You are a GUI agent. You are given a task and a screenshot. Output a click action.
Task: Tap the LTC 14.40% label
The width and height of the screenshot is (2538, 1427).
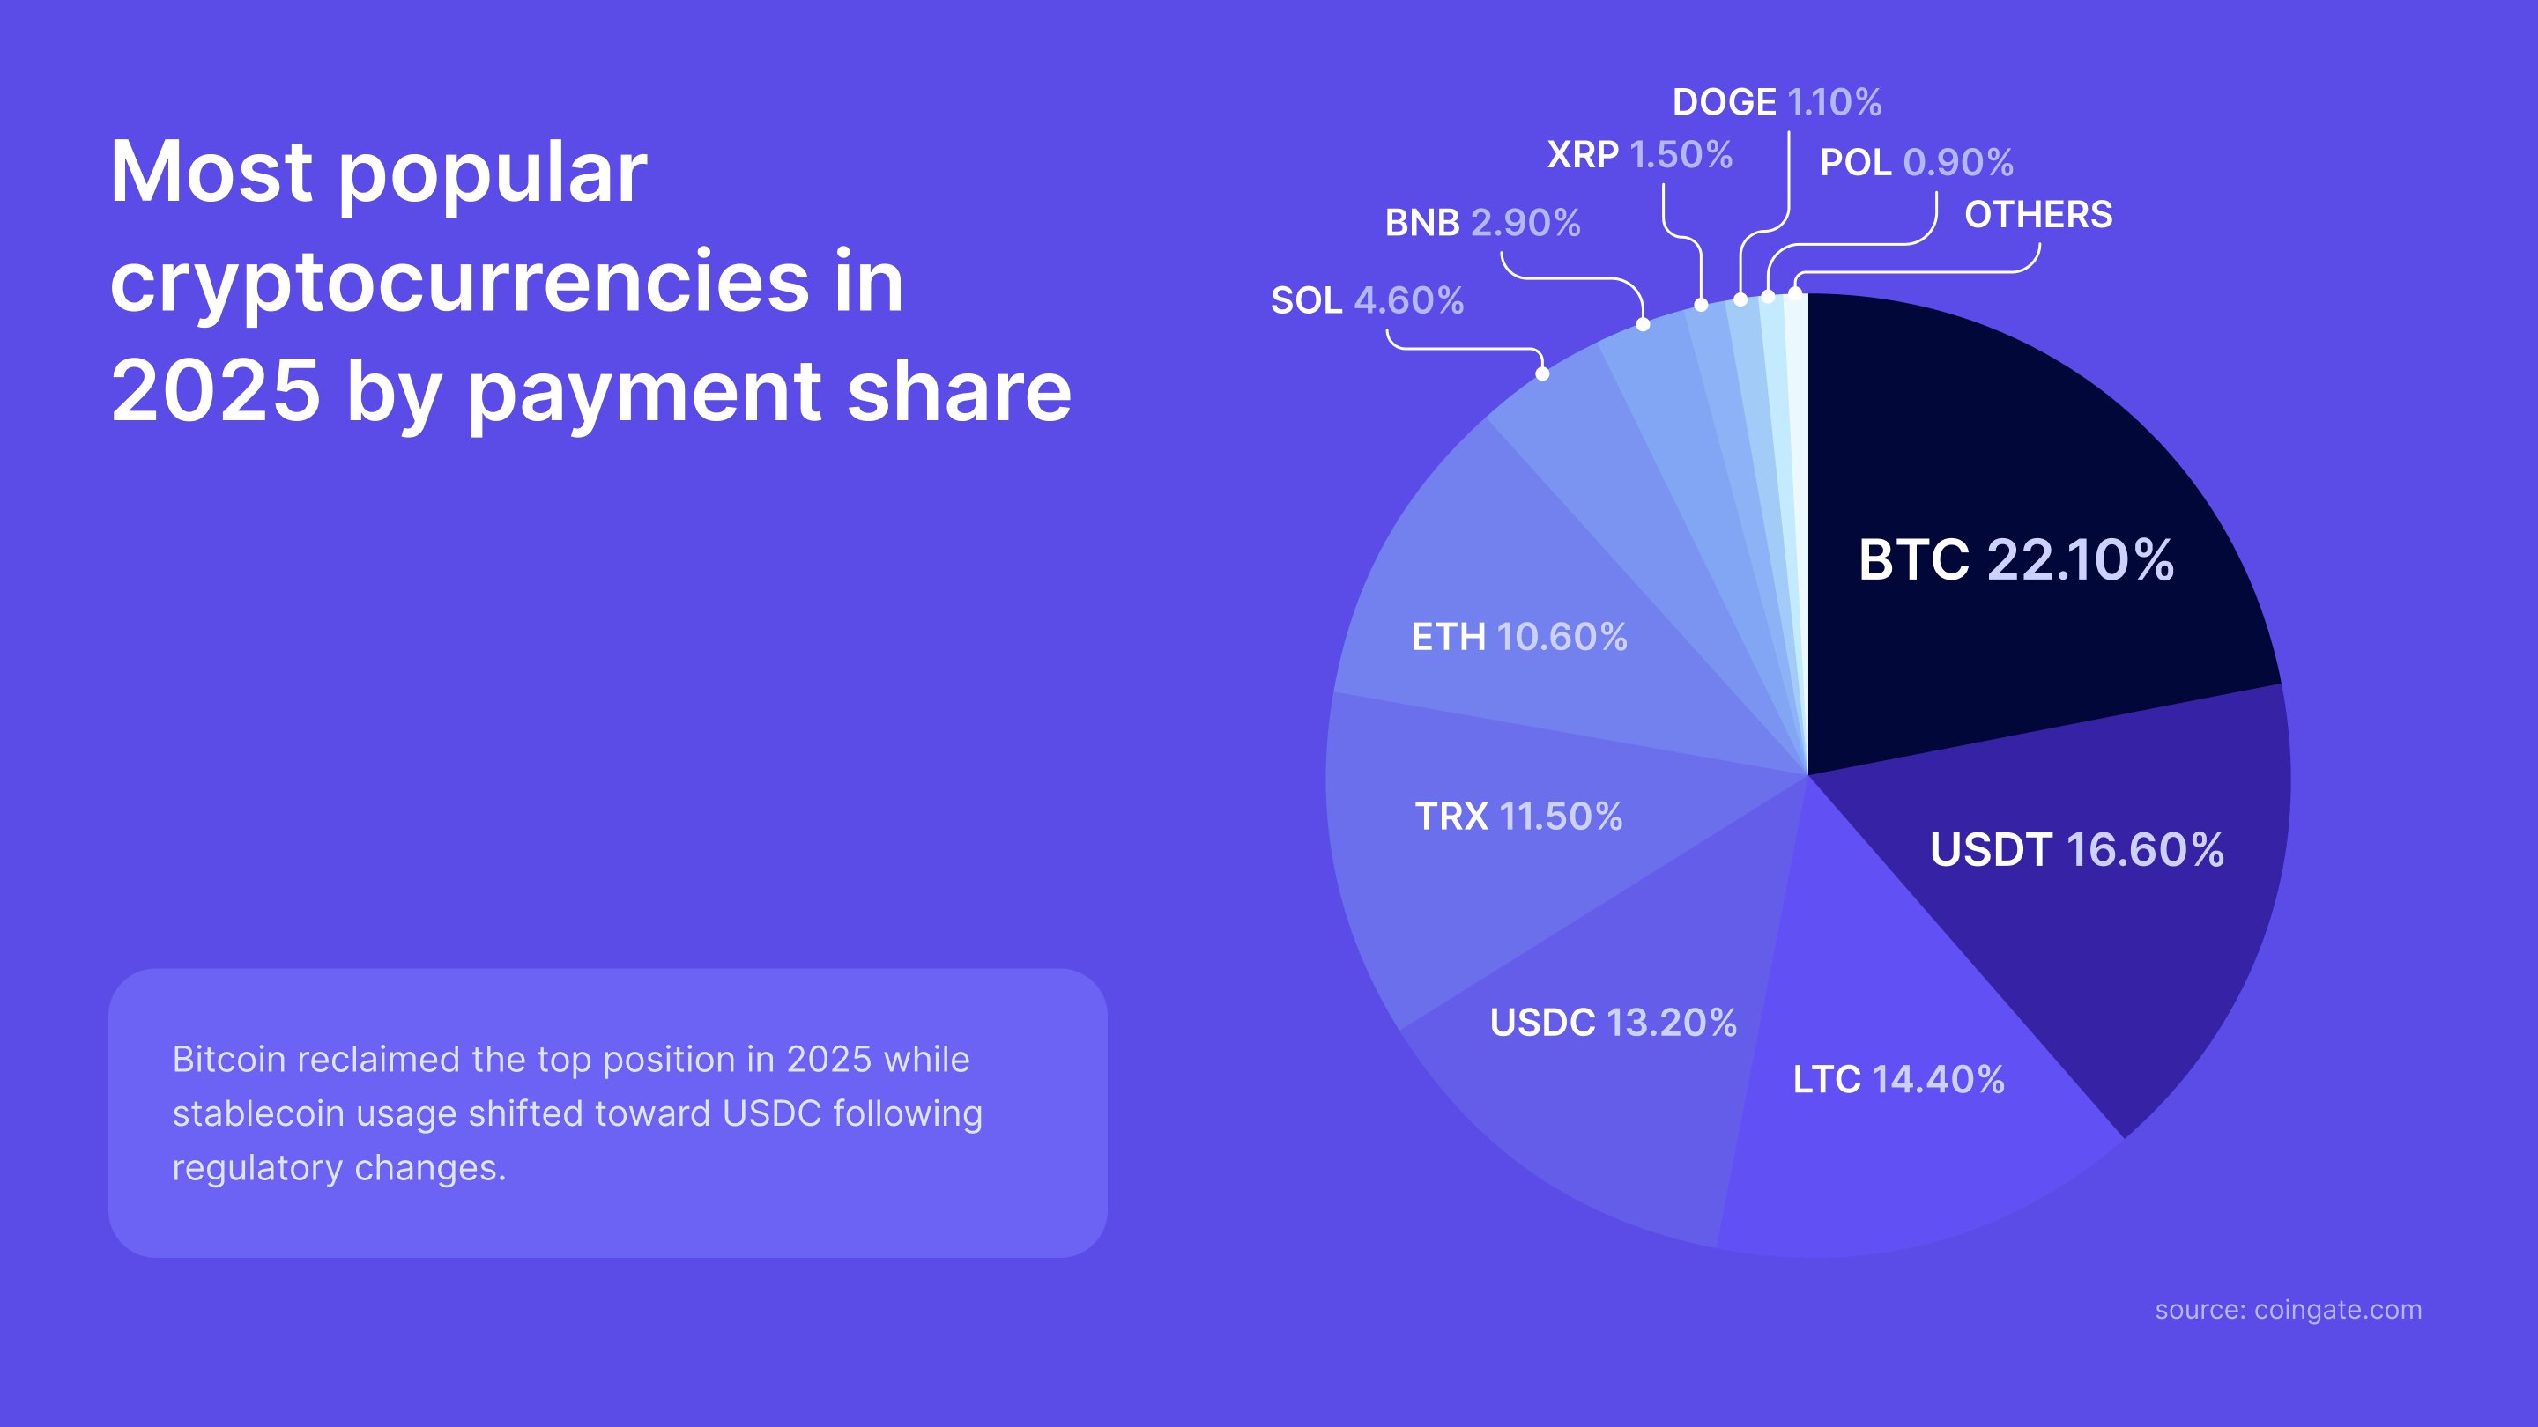(1897, 1079)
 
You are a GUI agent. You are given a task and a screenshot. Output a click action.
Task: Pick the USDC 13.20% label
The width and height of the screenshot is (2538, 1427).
(1613, 1022)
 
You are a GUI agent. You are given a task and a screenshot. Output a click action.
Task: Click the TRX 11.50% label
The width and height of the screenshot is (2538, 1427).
(1518, 817)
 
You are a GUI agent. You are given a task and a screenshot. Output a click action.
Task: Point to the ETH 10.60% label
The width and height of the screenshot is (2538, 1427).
(1518, 637)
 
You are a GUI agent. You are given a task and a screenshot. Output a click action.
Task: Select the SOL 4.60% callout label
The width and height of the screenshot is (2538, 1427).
(1367, 300)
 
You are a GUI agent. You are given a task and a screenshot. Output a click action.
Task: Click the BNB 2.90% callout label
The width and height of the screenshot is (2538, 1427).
(1481, 224)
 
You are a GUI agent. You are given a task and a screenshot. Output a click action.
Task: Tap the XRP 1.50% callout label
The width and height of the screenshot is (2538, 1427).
(1639, 155)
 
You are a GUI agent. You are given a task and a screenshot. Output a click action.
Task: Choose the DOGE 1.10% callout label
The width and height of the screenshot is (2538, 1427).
(1777, 102)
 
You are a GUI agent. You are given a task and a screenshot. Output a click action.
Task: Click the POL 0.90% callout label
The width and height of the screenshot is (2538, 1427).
(1915, 162)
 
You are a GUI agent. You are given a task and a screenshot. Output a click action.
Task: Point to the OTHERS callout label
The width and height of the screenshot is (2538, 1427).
(2037, 215)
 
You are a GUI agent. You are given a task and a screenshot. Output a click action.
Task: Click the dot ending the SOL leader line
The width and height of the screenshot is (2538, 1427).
(1542, 374)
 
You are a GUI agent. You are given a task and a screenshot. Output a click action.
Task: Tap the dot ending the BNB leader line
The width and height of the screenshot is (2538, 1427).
(1643, 324)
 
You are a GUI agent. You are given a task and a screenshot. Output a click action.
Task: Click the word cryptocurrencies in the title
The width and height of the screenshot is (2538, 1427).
(459, 283)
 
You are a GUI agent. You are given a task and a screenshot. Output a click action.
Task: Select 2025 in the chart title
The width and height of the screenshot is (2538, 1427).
(216, 392)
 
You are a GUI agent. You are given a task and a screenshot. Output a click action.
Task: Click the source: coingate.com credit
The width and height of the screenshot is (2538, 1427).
(2288, 1310)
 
